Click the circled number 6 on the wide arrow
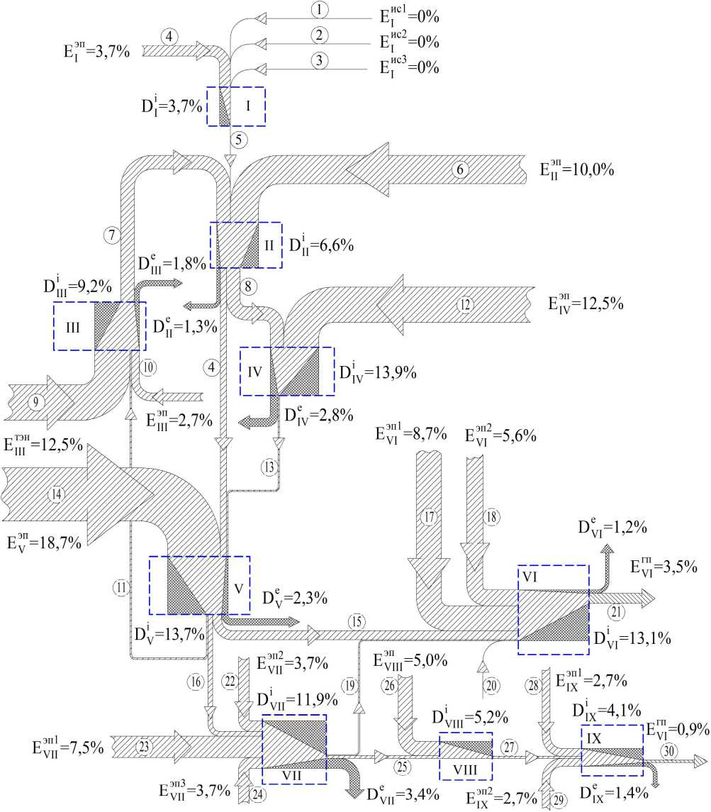460,169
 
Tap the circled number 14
57,494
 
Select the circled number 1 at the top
319,9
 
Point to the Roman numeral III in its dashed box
72,328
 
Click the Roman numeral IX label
594,738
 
